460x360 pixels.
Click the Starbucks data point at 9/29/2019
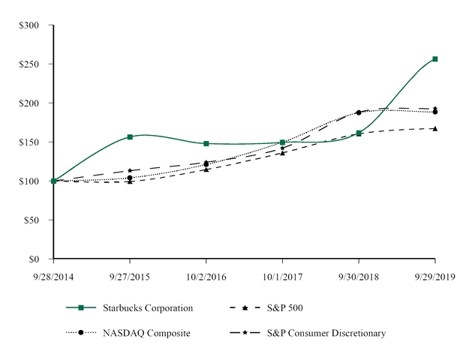[435, 58]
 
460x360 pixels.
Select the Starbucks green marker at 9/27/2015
[131, 137]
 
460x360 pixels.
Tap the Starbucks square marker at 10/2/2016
[206, 143]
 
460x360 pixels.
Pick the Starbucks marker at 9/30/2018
[359, 133]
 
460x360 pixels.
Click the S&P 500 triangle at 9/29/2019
[435, 128]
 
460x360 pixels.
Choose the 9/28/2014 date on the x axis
[54, 276]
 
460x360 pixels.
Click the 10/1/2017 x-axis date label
[282, 276]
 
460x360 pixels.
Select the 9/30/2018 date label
[359, 276]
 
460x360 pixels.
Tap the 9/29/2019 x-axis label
[434, 276]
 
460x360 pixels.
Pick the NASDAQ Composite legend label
[148, 332]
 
